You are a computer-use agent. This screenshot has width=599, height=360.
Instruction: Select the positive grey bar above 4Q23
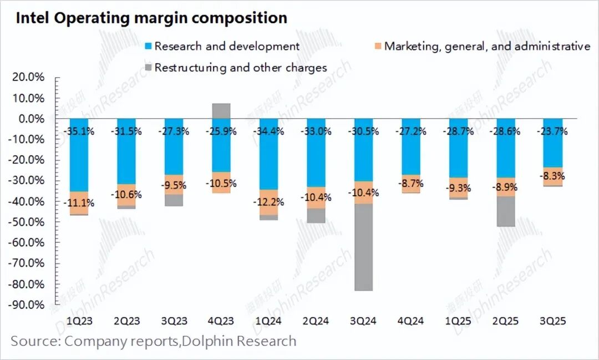tap(221, 111)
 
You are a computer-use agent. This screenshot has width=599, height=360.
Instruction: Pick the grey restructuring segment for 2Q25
tap(506, 211)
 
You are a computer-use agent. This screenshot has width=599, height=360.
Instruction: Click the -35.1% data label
tap(79, 132)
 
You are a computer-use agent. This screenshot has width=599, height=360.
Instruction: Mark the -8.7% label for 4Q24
tap(411, 182)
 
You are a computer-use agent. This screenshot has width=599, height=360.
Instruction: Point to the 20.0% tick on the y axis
tap(29, 78)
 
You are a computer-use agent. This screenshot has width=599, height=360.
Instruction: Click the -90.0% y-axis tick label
tap(27, 305)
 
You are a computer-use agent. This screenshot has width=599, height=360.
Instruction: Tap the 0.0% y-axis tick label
tap(31, 119)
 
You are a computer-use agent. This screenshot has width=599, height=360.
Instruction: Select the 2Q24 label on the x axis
tap(316, 321)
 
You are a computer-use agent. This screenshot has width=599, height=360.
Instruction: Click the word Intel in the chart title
tap(32, 18)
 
